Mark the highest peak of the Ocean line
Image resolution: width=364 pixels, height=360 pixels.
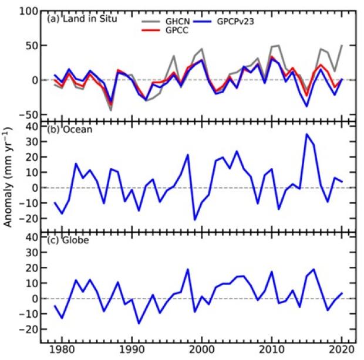point(306,134)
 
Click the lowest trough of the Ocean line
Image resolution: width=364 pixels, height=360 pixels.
point(195,219)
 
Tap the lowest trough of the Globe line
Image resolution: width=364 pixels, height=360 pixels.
point(139,323)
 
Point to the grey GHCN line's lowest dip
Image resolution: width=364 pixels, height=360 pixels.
point(110,110)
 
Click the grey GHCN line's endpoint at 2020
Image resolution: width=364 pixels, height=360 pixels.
point(342,45)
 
